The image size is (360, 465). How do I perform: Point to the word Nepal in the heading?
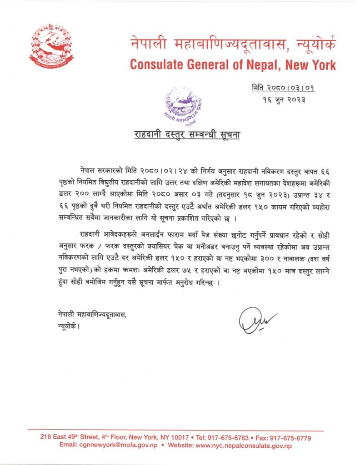coord(265,64)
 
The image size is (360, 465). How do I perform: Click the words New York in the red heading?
coord(313,64)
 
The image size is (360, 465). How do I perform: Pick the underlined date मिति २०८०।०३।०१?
coord(281,87)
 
